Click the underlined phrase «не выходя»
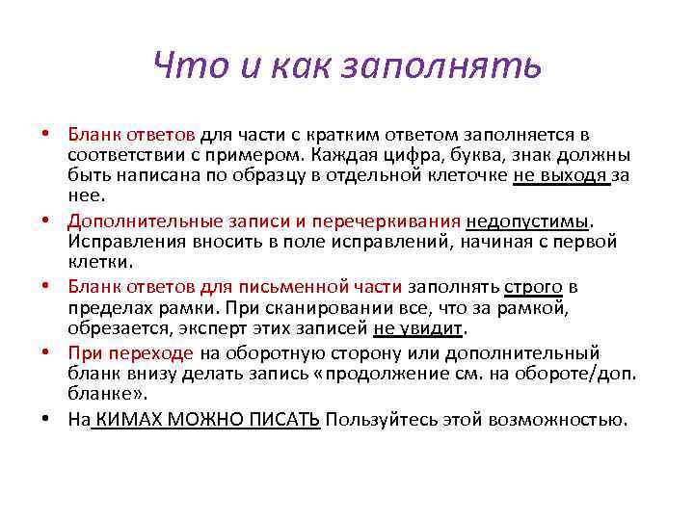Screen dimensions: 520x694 (561, 174)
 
